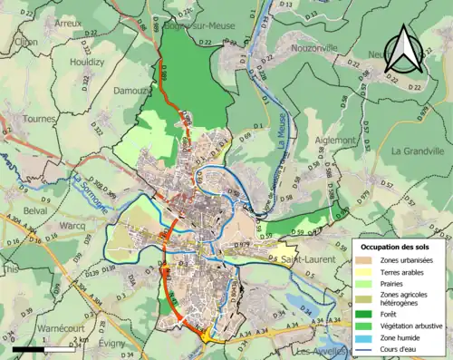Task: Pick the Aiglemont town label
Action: (x=337, y=141)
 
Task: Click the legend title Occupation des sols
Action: (x=399, y=247)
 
